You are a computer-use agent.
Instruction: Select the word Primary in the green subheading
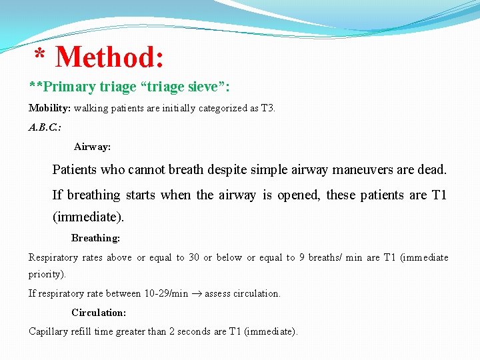click(63, 87)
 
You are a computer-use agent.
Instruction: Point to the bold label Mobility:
click(50, 108)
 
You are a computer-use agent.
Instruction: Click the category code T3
click(267, 108)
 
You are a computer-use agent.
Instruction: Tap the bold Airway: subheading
click(92, 146)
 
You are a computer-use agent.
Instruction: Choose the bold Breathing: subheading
click(95, 238)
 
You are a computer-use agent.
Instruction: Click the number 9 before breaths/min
click(302, 257)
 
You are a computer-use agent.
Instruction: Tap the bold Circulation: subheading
click(99, 313)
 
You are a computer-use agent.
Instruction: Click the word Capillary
click(47, 331)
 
